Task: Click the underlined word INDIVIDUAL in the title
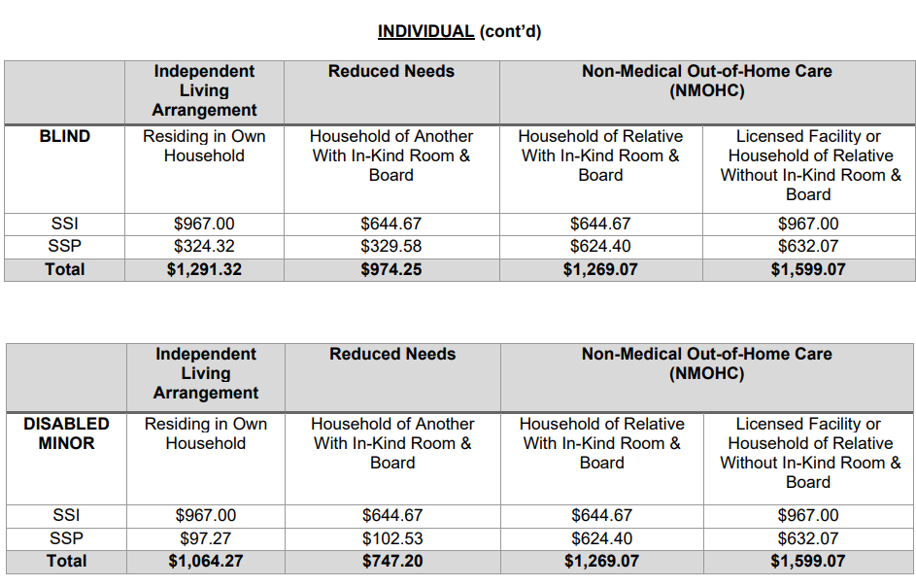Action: pyautogui.click(x=425, y=31)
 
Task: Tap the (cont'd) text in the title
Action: pyautogui.click(x=510, y=31)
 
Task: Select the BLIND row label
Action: pyautogui.click(x=64, y=137)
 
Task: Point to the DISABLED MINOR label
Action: pyautogui.click(x=66, y=433)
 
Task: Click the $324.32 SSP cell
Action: pyautogui.click(x=204, y=247)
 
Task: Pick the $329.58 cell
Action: pyautogui.click(x=390, y=247)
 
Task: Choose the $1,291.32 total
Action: pyautogui.click(x=204, y=270)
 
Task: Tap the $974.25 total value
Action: pyautogui.click(x=390, y=270)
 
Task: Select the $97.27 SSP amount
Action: pyautogui.click(x=205, y=538)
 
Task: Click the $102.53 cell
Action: pyautogui.click(x=392, y=538)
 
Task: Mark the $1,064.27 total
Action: pyautogui.click(x=205, y=562)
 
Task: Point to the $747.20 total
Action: pyautogui.click(x=392, y=562)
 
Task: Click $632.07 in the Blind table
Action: pyautogui.click(x=807, y=247)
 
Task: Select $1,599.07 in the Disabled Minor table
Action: pyautogui.click(x=808, y=562)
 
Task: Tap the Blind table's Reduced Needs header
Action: pyautogui.click(x=390, y=71)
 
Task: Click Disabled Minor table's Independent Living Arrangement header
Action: pyautogui.click(x=206, y=373)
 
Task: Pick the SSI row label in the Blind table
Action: pyautogui.click(x=64, y=224)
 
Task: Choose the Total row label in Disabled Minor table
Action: pyautogui.click(x=66, y=562)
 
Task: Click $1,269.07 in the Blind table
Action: pyautogui.click(x=600, y=270)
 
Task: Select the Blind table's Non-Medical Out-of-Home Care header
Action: pyautogui.click(x=706, y=81)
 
